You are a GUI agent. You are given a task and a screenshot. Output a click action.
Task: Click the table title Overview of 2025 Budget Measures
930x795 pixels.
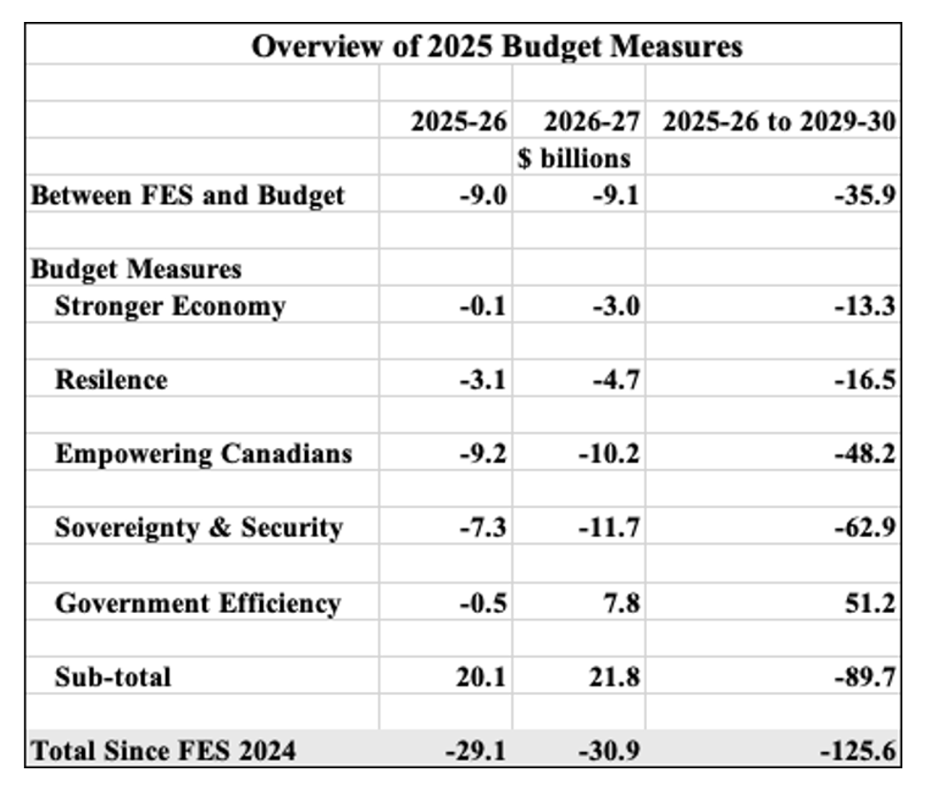(496, 46)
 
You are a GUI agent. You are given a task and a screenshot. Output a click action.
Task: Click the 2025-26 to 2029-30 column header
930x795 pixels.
(779, 122)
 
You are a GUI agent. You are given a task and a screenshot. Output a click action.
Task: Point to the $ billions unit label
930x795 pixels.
(575, 158)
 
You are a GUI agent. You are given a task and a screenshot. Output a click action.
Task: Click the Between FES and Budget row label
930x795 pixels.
(188, 195)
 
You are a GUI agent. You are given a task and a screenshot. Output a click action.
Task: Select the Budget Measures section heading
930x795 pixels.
(136, 269)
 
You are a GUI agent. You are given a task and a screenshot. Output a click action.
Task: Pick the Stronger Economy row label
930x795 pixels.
(171, 306)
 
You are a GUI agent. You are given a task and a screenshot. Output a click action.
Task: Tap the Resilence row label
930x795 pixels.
(111, 379)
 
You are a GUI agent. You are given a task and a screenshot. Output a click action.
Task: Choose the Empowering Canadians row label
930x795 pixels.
(203, 453)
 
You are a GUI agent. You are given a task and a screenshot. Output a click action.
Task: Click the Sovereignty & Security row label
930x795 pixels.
(199, 527)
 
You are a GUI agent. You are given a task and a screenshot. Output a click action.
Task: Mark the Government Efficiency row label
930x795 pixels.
(198, 602)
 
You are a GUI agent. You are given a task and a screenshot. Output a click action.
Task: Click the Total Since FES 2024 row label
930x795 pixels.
(163, 750)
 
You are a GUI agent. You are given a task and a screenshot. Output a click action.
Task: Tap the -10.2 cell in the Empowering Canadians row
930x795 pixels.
(608, 454)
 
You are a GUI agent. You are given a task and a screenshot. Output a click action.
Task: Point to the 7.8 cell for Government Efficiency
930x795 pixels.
(620, 602)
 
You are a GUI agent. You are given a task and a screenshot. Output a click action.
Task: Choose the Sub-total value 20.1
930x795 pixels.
(483, 677)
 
